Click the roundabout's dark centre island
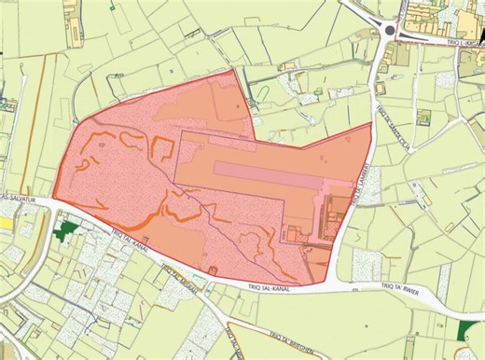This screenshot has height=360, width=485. click(x=388, y=31)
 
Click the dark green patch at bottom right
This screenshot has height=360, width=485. click(x=466, y=328)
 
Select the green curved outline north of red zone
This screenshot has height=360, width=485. click(x=264, y=91)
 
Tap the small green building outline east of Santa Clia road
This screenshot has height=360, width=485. click(x=424, y=119)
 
